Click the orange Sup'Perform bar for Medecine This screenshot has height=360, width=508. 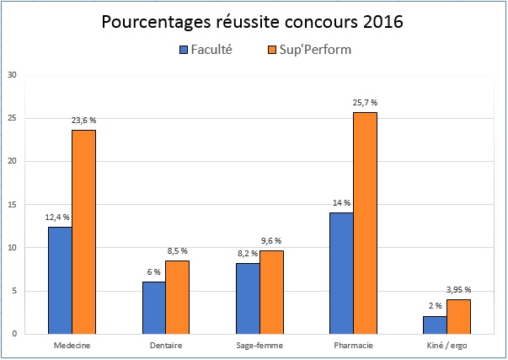83,232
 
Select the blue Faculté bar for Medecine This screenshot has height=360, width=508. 60,280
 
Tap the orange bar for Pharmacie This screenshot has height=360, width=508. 365,223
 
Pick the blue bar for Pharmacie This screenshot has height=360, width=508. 341,273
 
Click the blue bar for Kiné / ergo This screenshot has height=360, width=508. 435,325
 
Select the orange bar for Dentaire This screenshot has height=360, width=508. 177,297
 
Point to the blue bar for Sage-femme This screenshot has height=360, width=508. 248,298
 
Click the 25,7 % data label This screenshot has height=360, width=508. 365,103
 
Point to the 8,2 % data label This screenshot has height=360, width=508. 247,254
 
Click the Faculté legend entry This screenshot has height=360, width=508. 206,50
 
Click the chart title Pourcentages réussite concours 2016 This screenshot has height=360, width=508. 253,21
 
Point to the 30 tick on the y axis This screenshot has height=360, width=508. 11,74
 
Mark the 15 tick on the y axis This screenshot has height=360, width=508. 11,204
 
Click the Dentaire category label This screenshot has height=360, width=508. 165,345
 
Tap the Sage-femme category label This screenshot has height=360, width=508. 259,345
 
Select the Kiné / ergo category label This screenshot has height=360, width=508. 447,345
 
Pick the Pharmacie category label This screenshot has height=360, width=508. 353,345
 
